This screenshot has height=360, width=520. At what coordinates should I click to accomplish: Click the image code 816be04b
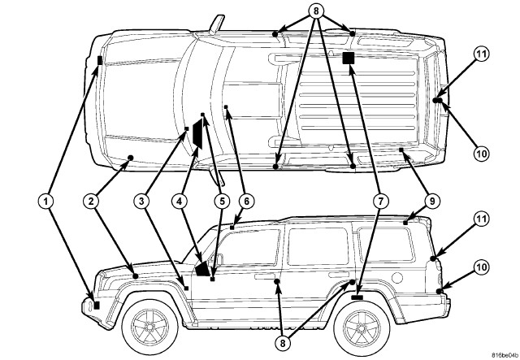pyautogui.click(x=492, y=353)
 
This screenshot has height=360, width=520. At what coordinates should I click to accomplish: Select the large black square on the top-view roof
pyautogui.click(x=349, y=58)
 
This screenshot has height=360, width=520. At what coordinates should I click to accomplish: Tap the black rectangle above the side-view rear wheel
pyautogui.click(x=357, y=298)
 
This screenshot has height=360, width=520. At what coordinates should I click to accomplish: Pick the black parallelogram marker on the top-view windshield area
pyautogui.click(x=196, y=137)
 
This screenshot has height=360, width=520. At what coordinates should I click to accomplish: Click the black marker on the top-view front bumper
pyautogui.click(x=99, y=60)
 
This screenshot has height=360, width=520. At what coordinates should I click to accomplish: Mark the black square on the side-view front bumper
pyautogui.click(x=97, y=305)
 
